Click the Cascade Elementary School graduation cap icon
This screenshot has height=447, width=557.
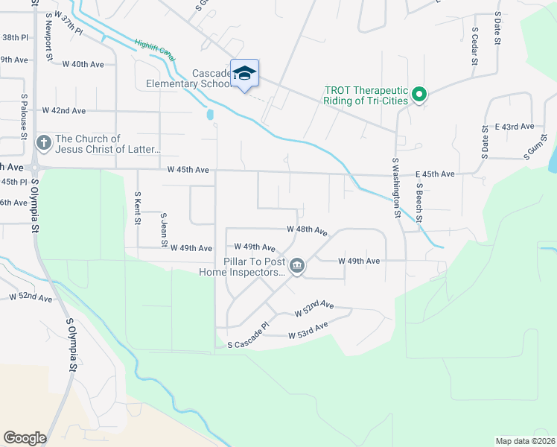(x=244, y=73)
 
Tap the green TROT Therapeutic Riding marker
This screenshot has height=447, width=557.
(x=418, y=95)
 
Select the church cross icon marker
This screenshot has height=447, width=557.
(x=44, y=141)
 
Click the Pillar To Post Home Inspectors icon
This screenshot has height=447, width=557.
(x=296, y=266)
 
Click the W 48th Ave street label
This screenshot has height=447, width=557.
(x=307, y=232)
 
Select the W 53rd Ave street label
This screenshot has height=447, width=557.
(x=308, y=331)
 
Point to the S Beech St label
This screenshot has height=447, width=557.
(x=419, y=203)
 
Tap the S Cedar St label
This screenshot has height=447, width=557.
(x=474, y=46)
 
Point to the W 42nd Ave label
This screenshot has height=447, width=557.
(x=63, y=110)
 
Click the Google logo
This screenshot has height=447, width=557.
(x=25, y=437)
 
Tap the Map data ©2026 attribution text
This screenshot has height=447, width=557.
(x=525, y=441)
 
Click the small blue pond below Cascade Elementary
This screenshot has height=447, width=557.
(x=210, y=115)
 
